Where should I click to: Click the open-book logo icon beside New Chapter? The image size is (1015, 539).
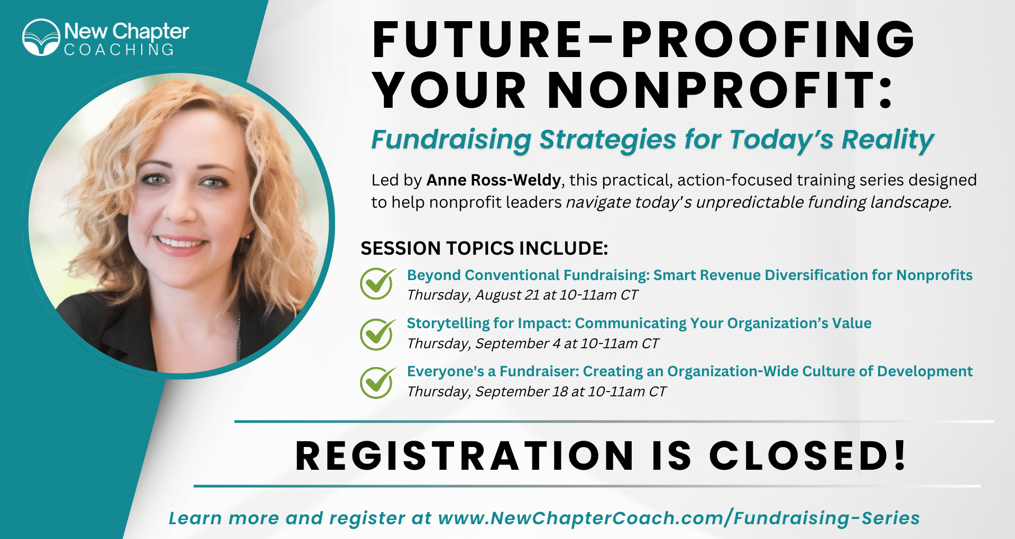(x=41, y=38)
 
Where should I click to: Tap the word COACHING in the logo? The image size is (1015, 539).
(x=119, y=50)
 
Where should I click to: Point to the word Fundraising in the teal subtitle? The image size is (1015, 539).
(x=451, y=140)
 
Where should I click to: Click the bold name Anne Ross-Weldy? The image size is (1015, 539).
(x=494, y=180)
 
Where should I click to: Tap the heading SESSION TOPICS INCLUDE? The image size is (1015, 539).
(x=484, y=248)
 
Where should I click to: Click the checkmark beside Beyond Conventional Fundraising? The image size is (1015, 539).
(x=377, y=283)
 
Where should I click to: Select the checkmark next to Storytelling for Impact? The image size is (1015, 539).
(x=377, y=334)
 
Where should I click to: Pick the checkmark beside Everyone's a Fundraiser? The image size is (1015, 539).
(x=377, y=382)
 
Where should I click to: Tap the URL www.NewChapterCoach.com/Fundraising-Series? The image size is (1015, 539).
(x=679, y=518)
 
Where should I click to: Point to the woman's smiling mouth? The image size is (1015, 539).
(x=180, y=245)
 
